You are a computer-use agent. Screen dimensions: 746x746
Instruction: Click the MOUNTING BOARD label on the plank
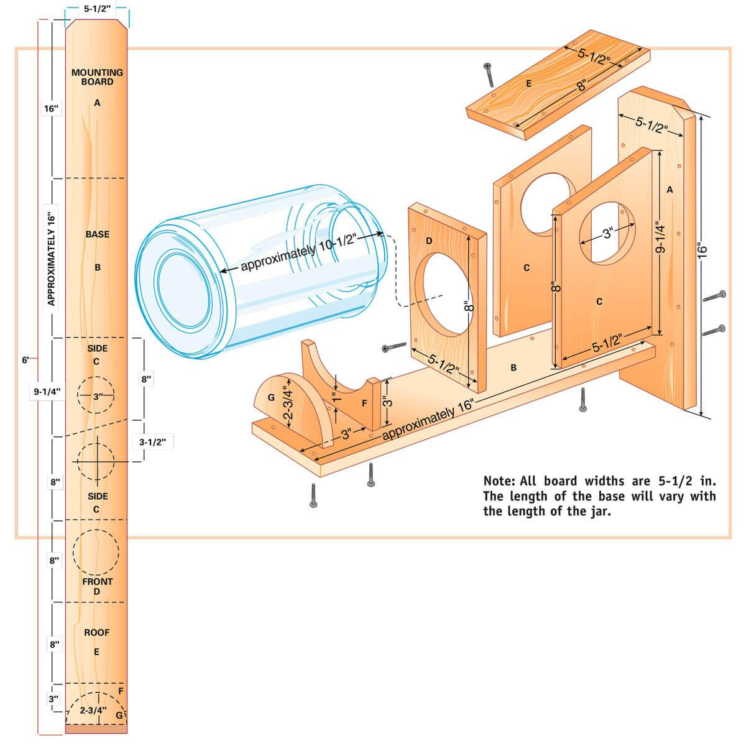click(x=97, y=77)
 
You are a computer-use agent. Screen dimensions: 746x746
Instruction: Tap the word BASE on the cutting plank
click(x=97, y=234)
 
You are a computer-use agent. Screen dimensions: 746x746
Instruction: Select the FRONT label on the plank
click(x=98, y=582)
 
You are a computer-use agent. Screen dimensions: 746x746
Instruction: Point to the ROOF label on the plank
click(x=97, y=632)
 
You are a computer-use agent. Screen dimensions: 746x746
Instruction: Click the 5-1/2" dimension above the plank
click(x=97, y=9)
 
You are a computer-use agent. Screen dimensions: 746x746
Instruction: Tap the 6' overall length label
click(x=25, y=360)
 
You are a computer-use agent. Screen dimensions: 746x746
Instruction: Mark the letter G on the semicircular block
click(x=271, y=397)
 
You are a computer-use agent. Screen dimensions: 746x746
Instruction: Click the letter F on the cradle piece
click(x=365, y=403)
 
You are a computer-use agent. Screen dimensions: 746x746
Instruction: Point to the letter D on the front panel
click(x=429, y=241)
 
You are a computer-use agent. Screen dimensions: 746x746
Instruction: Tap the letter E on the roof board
click(x=528, y=83)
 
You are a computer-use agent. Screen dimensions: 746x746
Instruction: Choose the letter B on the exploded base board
click(x=513, y=367)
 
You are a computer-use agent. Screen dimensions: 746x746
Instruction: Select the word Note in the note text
click(x=498, y=481)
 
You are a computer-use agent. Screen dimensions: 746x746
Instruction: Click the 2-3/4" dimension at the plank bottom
click(x=93, y=710)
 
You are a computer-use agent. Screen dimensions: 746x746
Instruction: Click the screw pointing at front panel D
click(x=394, y=347)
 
